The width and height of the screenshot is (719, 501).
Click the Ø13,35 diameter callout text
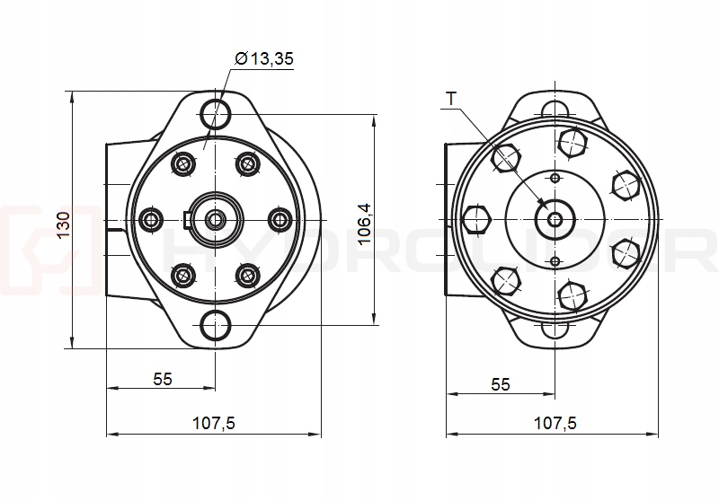(x=264, y=59)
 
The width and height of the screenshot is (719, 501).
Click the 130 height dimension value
(x=64, y=224)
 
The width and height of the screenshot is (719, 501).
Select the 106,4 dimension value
(x=365, y=224)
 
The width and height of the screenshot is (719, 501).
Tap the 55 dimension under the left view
(x=163, y=379)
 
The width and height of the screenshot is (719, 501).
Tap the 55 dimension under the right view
(x=501, y=383)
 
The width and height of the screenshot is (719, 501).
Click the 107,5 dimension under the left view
(x=214, y=423)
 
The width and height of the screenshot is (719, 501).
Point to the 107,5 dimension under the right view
(x=555, y=423)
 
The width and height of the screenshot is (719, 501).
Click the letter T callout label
(x=452, y=99)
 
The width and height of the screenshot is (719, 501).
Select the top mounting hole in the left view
(x=216, y=113)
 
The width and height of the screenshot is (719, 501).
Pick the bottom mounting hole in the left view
(x=216, y=325)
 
